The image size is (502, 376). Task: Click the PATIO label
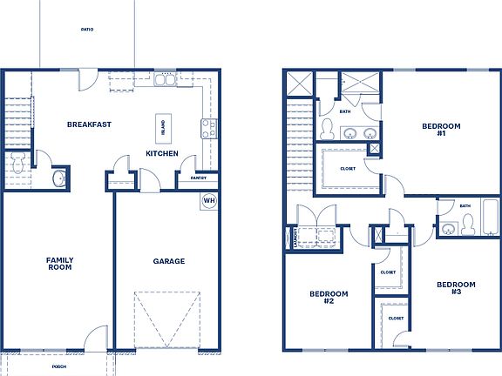pyautogui.click(x=87, y=30)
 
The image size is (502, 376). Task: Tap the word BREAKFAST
pyautogui.click(x=89, y=124)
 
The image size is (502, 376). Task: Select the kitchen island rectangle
pyautogui.click(x=162, y=128)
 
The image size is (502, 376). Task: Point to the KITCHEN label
pyautogui.click(x=162, y=154)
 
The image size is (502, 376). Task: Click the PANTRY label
pyautogui.click(x=198, y=178)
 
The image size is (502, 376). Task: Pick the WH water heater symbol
pyautogui.click(x=209, y=200)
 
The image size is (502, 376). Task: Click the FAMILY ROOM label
pyautogui.click(x=59, y=263)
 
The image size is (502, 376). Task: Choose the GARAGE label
pyautogui.click(x=168, y=261)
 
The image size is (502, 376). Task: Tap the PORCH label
pyautogui.click(x=59, y=367)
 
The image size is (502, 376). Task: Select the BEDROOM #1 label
pyautogui.click(x=434, y=130)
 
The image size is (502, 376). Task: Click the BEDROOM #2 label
pyautogui.click(x=329, y=298)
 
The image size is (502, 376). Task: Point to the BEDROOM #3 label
pyautogui.click(x=456, y=287)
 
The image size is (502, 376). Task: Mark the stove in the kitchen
pyautogui.click(x=209, y=129)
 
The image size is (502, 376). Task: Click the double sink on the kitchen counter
pyautogui.click(x=165, y=81)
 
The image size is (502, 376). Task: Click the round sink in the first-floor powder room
pyautogui.click(x=58, y=178)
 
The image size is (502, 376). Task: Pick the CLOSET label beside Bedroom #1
pyautogui.click(x=347, y=169)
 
